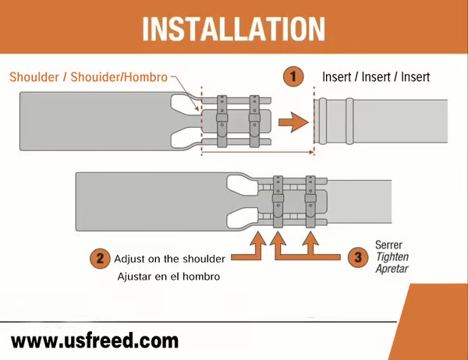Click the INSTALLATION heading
click(233, 29)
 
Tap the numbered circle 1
click(293, 76)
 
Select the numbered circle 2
click(100, 258)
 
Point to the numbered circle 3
click(358, 257)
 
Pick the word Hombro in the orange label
click(146, 77)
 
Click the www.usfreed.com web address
click(94, 341)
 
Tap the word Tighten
click(392, 257)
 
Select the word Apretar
click(392, 269)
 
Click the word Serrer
click(388, 245)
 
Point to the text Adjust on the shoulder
click(169, 259)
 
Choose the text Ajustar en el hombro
click(168, 277)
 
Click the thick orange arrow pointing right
click(293, 122)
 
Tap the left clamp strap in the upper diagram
click(222, 121)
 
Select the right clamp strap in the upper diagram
click(254, 121)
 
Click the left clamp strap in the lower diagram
click(278, 202)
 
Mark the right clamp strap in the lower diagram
click(310, 202)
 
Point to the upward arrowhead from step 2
click(258, 238)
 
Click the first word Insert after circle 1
click(337, 77)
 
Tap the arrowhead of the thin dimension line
click(311, 153)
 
